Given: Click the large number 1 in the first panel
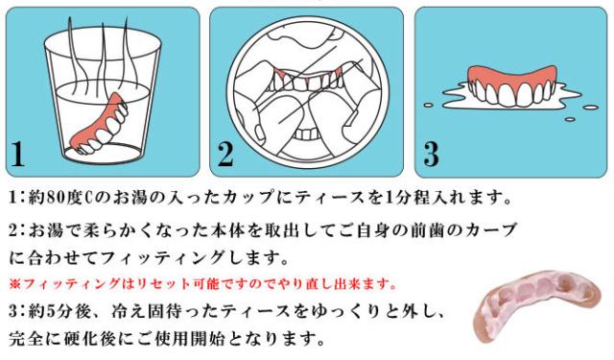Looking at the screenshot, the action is (x=17, y=154).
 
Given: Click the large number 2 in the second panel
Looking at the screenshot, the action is (x=225, y=154).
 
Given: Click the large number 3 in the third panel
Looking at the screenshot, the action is (x=431, y=154).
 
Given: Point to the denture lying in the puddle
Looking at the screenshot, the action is (x=511, y=87).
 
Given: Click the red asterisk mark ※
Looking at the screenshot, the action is (x=14, y=283).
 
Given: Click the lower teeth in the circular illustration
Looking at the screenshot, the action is (x=308, y=134).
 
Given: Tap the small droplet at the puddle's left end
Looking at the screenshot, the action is (x=429, y=105).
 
